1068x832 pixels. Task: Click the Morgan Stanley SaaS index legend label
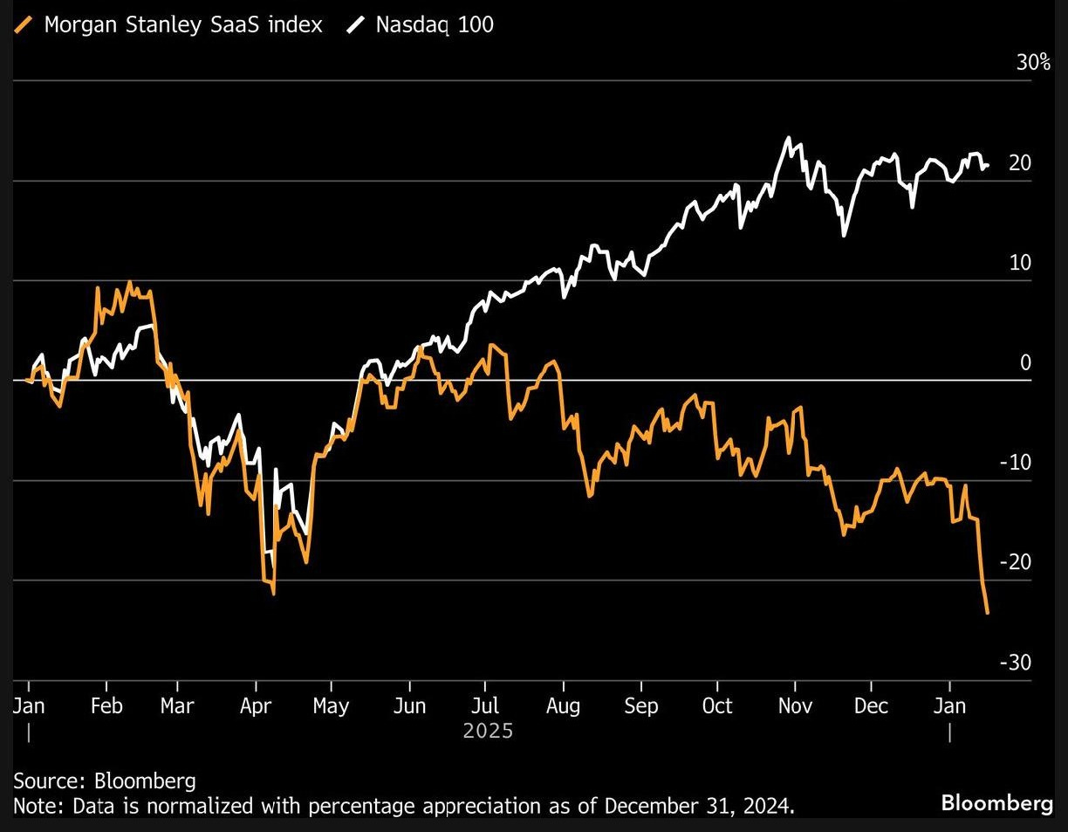[x=182, y=24]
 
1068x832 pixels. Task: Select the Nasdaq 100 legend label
[x=434, y=24]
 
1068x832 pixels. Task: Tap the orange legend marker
[x=26, y=24]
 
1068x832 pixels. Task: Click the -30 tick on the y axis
[x=1015, y=663]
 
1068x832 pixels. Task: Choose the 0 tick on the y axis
[x=1026, y=362]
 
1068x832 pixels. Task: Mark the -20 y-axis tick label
[x=1015, y=562]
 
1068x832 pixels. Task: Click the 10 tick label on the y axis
[x=1019, y=263]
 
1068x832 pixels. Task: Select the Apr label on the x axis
[x=256, y=705]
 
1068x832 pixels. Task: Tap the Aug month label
[x=563, y=705]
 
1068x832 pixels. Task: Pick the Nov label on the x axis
[x=794, y=705]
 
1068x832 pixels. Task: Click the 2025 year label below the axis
[x=488, y=730]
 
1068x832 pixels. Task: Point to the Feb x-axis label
[x=106, y=705]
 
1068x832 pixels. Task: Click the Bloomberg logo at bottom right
[x=996, y=803]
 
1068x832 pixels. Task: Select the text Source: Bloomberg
[x=104, y=780]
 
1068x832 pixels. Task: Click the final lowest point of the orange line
[x=987, y=613]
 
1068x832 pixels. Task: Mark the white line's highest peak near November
[x=789, y=138]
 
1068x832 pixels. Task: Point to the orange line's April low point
[x=273, y=594]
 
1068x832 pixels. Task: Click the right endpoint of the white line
[x=988, y=166]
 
